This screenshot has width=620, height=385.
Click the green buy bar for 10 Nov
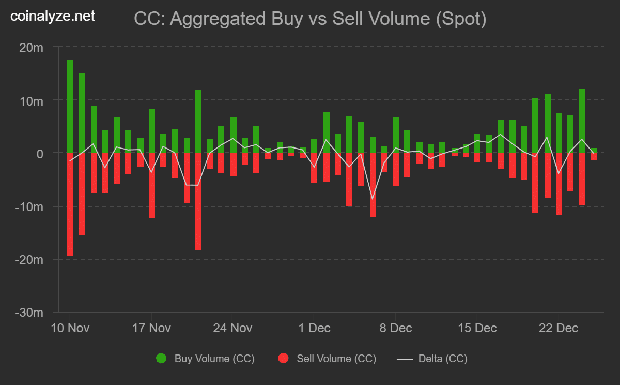[x=70, y=107]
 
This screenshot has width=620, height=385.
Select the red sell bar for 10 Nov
[x=70, y=204]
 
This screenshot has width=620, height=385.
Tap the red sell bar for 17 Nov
[x=152, y=185]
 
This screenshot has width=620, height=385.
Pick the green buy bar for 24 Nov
[x=234, y=135]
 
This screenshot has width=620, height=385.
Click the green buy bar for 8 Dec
[x=396, y=135]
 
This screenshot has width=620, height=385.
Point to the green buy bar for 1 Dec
[x=314, y=146]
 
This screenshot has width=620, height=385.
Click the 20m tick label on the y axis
[x=31, y=47]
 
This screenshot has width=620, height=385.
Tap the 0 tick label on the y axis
[x=40, y=153]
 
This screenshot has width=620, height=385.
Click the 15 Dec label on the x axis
[x=478, y=328]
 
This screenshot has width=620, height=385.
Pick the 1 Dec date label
[x=315, y=328]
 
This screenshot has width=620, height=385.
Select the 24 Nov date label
[x=233, y=328]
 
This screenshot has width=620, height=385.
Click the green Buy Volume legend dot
[x=161, y=358]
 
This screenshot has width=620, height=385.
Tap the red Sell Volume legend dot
[x=283, y=358]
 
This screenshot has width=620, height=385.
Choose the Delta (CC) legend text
[x=443, y=358]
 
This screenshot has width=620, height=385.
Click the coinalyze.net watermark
[x=53, y=17]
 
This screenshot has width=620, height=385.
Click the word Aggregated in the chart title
[x=216, y=19]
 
